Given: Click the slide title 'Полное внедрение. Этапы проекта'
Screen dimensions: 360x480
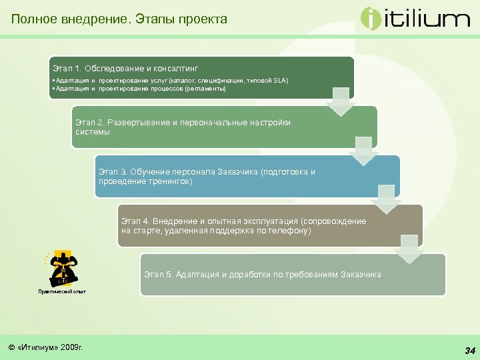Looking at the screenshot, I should [x=119, y=19].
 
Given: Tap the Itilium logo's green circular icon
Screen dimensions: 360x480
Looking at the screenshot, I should [x=371, y=18].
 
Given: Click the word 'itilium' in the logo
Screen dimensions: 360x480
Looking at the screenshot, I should [x=427, y=19].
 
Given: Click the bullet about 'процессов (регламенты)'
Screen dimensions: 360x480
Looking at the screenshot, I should [x=141, y=88].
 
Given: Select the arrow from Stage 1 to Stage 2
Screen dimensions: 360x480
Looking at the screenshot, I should [x=342, y=102].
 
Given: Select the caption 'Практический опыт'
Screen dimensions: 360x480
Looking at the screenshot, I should [x=61, y=291].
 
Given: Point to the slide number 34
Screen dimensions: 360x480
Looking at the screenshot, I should [x=469, y=350].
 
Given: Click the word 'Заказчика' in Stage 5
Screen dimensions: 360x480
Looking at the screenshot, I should [x=361, y=275].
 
